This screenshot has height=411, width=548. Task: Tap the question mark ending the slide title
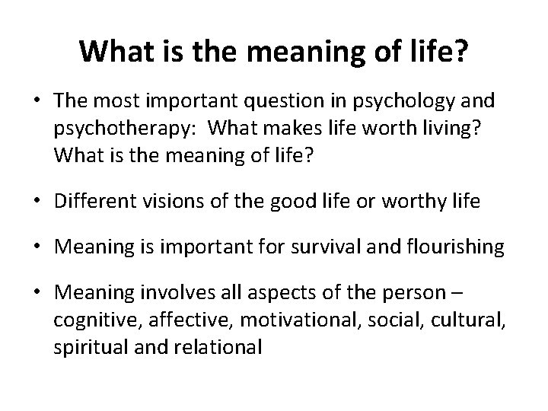[x=463, y=51]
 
